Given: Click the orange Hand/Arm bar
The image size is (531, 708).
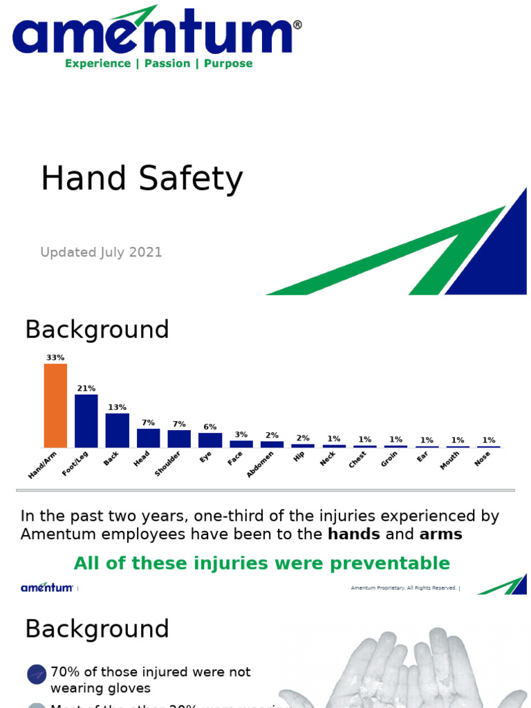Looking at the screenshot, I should coord(55,406).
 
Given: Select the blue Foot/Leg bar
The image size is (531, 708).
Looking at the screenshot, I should coord(86,421).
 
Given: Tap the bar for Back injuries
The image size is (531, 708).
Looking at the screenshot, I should coord(117,430).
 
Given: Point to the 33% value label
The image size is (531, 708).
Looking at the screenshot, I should coord(55,357).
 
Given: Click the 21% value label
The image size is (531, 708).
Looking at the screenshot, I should coord(86,389).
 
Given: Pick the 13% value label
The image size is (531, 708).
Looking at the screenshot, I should coord(117,407).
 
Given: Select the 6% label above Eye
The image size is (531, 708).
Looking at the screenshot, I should coord(210,427).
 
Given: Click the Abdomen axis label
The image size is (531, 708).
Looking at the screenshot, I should coord(261,464).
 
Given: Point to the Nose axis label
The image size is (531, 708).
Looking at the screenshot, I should coord(483,458).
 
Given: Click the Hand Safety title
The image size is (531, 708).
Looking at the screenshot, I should coord(142,179).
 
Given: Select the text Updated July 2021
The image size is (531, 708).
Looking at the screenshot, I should coord(101,252).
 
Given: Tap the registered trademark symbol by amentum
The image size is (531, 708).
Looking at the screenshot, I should coord(297,25).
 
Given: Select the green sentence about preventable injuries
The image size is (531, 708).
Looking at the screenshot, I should coord(261,563).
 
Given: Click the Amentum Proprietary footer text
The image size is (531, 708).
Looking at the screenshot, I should coord(404,588).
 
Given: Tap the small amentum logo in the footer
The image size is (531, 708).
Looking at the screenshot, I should coord(46,588).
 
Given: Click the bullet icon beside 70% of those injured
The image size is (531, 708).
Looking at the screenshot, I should coord(37,675).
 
